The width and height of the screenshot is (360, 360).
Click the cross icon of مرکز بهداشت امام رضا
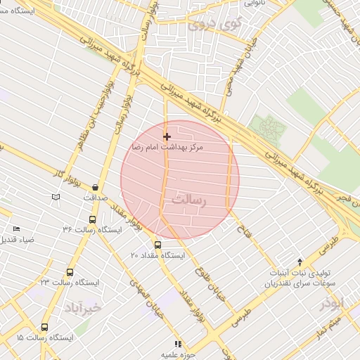pos(167,136)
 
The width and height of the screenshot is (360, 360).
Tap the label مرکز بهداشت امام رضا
pos(167,148)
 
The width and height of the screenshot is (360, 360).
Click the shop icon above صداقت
pos(95,187)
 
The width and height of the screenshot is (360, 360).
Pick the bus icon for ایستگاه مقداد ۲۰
pos(157,245)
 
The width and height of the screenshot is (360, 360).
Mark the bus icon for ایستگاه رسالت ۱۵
pos(45,328)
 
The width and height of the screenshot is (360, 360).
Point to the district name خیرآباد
pos(83,308)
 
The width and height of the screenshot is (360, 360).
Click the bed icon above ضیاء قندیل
pos(17,229)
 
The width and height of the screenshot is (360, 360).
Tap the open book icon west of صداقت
pos(56,197)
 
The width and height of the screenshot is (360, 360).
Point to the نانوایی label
pos(254,4)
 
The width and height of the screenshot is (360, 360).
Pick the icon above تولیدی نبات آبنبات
pos(300,262)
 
